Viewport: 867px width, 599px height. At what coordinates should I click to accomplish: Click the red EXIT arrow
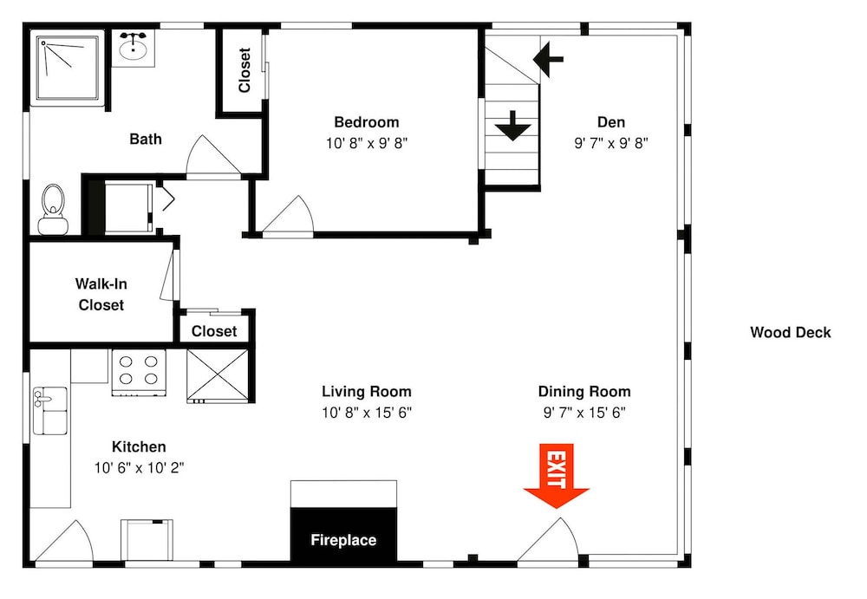[557, 476]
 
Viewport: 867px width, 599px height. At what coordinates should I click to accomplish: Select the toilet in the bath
[53, 210]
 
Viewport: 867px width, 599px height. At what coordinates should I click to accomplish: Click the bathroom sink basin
[134, 48]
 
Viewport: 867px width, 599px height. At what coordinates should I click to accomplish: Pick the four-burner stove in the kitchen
[139, 373]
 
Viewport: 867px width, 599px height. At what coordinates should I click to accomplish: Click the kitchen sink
[50, 410]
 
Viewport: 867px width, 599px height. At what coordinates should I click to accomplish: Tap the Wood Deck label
[790, 332]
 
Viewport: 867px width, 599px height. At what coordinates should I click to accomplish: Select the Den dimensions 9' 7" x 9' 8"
[611, 143]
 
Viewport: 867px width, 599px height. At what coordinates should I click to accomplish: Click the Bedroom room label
[367, 122]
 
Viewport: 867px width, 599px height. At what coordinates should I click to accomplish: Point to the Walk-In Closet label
[101, 294]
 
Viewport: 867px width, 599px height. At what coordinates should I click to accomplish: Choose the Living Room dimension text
[367, 413]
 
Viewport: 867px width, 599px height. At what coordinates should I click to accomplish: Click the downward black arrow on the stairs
[513, 126]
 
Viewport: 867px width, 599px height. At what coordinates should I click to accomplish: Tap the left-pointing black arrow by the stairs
[548, 59]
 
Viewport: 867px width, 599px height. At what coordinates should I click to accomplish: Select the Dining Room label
[584, 392]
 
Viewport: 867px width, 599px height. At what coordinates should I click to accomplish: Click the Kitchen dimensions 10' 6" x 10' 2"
[139, 468]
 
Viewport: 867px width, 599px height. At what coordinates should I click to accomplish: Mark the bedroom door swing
[288, 217]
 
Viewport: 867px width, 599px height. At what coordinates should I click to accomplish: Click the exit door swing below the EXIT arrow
[548, 540]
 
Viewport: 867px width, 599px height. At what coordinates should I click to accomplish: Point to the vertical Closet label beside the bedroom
[244, 70]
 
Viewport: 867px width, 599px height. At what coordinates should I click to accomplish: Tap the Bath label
[146, 139]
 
